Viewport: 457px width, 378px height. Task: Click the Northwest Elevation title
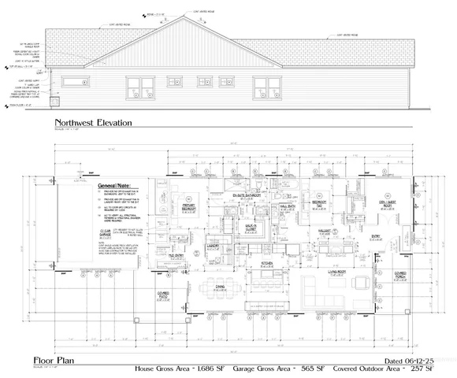click(x=93, y=124)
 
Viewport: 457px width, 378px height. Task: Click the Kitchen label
click(x=267, y=262)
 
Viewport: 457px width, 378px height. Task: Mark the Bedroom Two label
click(x=319, y=202)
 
